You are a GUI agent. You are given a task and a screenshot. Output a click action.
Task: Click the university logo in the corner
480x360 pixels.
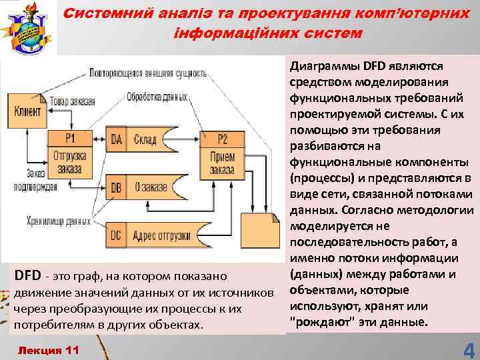click(x=28, y=27)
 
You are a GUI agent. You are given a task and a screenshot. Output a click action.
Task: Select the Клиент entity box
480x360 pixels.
click(x=27, y=110)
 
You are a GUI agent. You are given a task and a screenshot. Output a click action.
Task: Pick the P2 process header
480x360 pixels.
click(x=222, y=139)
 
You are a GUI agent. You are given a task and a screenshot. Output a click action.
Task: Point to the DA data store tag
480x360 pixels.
click(x=116, y=139)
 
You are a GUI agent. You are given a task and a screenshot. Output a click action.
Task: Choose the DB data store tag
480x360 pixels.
click(x=116, y=187)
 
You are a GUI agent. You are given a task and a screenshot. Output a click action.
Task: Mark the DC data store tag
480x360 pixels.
click(x=116, y=235)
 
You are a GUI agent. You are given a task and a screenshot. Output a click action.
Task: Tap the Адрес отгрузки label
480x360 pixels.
click(x=162, y=235)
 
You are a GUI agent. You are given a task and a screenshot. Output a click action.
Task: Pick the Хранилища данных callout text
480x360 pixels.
click(x=58, y=219)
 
